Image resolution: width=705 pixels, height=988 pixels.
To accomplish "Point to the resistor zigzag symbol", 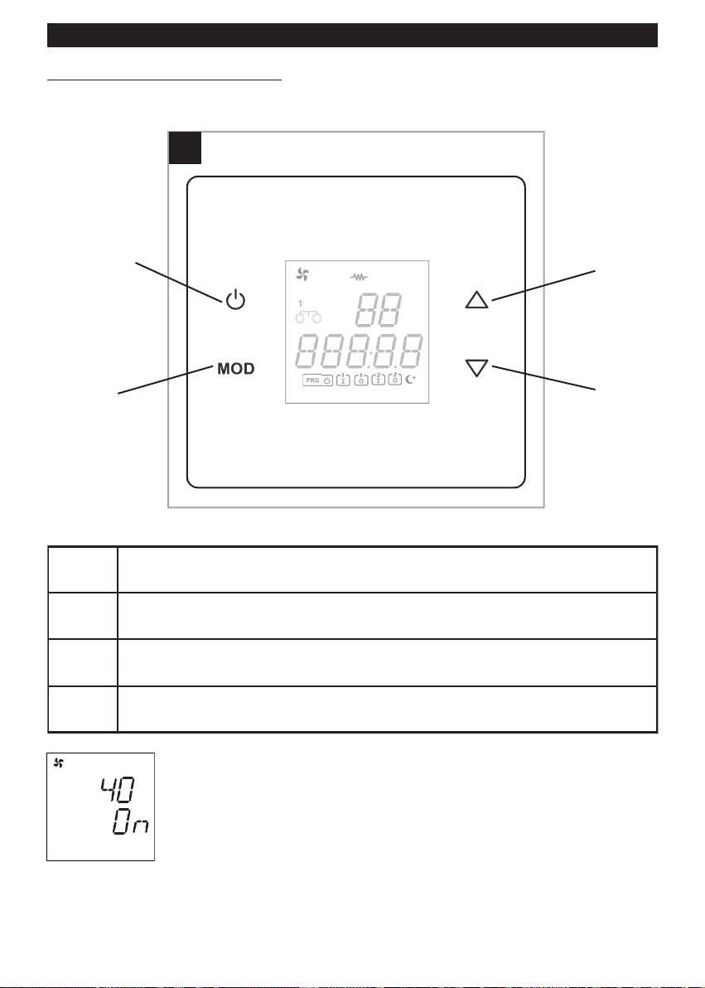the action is pyautogui.click(x=359, y=277).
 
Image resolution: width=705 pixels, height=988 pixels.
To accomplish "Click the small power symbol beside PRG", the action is pyautogui.click(x=327, y=380).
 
